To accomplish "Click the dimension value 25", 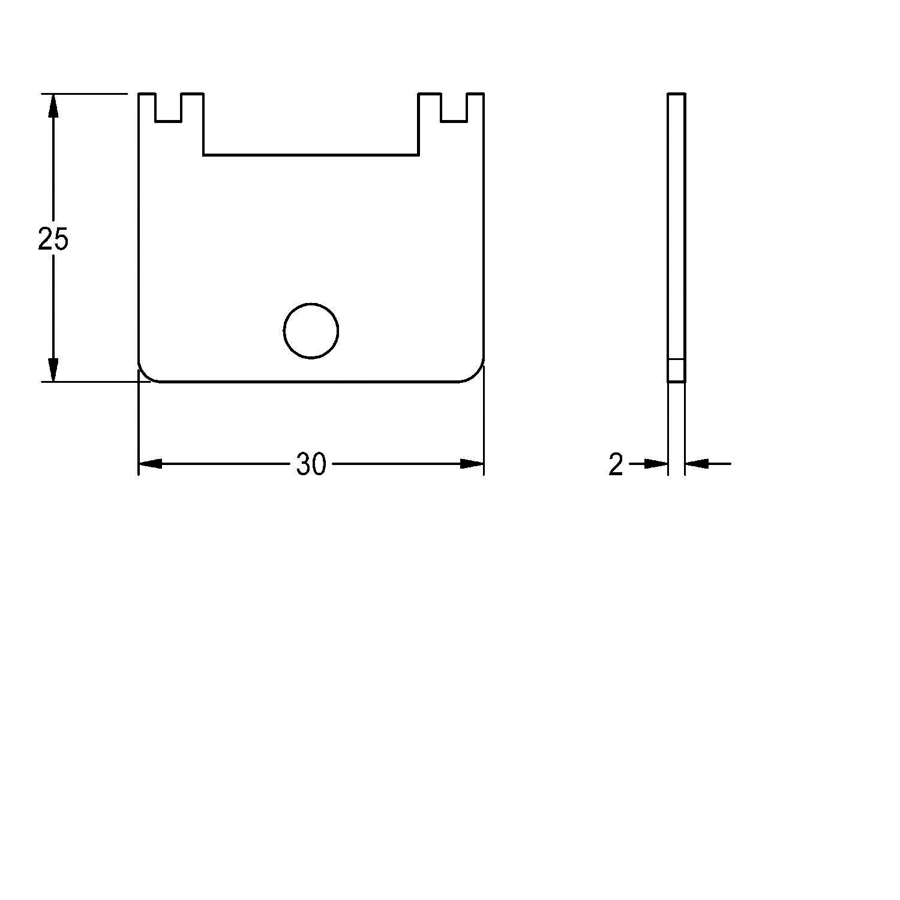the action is pyautogui.click(x=53, y=239).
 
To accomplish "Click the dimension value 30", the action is pyautogui.click(x=311, y=464).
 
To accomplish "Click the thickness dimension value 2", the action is pyautogui.click(x=616, y=464).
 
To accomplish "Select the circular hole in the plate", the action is pyautogui.click(x=311, y=331).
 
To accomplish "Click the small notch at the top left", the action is pyautogui.click(x=169, y=108).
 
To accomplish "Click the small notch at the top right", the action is pyautogui.click(x=454, y=108).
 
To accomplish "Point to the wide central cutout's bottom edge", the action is pyautogui.click(x=311, y=155).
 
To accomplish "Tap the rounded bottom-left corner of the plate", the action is pyautogui.click(x=146, y=374).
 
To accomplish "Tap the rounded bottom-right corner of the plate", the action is pyautogui.click(x=476, y=374).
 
